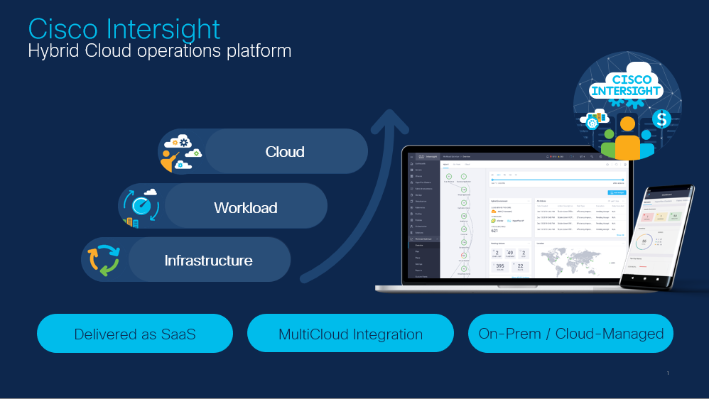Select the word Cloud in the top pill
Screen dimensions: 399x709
[285, 152]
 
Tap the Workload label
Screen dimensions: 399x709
[245, 208]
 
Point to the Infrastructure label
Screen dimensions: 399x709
[208, 261]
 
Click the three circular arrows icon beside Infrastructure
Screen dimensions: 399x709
[104, 261]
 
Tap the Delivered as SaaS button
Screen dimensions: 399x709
[135, 334]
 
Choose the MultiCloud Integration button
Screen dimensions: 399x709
[350, 334]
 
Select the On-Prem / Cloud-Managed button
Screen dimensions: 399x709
[570, 334]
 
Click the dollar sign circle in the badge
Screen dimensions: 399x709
[661, 119]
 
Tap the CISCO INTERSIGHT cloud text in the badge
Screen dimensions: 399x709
[627, 84]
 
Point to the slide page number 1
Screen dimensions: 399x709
[668, 373]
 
